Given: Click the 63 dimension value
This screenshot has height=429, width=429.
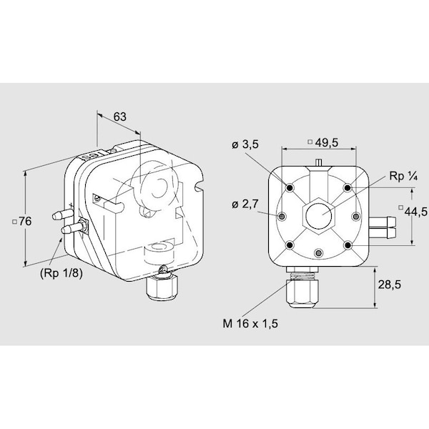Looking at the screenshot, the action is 120,117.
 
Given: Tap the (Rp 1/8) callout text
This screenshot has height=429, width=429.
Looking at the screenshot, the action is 61,273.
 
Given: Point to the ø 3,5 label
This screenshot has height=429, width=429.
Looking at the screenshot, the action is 245,144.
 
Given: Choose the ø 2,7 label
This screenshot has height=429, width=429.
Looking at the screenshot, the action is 245,204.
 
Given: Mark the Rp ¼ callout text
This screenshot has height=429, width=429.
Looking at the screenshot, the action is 403,176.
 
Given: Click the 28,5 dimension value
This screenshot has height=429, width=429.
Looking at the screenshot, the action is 390,285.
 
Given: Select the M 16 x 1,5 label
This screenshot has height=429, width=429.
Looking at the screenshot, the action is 250,324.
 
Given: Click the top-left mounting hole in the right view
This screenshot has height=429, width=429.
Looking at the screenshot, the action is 290,187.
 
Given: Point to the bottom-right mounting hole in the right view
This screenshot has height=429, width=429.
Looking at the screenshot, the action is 347,245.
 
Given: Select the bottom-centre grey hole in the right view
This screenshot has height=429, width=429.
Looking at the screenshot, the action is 318,254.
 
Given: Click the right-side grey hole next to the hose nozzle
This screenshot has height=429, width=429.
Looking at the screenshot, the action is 355,217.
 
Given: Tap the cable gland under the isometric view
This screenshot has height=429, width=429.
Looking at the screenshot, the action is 162,285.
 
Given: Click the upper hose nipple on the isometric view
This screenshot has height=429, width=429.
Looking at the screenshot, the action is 62,215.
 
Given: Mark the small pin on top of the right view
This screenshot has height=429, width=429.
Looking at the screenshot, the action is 318,162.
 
